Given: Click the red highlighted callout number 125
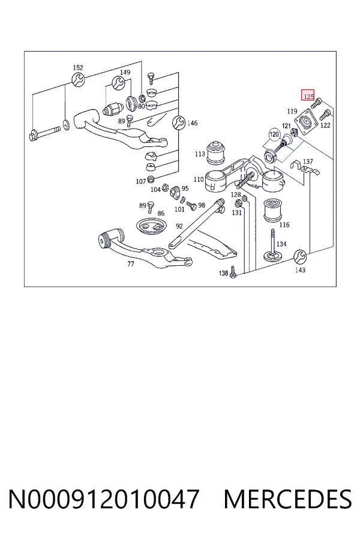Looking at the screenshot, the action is [x=308, y=95].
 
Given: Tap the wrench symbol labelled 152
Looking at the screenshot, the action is [x=78, y=80].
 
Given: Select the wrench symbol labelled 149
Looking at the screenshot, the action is [x=119, y=83].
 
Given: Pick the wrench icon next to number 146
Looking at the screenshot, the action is [x=179, y=122].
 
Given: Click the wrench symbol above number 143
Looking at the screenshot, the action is [x=300, y=256].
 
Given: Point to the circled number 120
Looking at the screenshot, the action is [x=274, y=134].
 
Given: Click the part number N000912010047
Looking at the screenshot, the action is [x=104, y=499].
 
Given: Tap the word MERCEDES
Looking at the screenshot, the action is [x=287, y=499].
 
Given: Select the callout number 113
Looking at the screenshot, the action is [x=200, y=154].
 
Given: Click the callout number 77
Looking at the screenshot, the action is [x=131, y=264].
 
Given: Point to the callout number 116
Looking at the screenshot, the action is [x=284, y=225].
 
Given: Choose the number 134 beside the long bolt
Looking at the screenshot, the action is [x=281, y=244].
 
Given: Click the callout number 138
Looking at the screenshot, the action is [x=224, y=273].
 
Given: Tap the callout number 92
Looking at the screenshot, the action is [x=179, y=226].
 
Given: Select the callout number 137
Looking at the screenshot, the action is [x=308, y=161].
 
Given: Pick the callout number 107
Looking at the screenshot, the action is [x=141, y=181].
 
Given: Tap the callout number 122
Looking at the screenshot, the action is [x=325, y=125].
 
